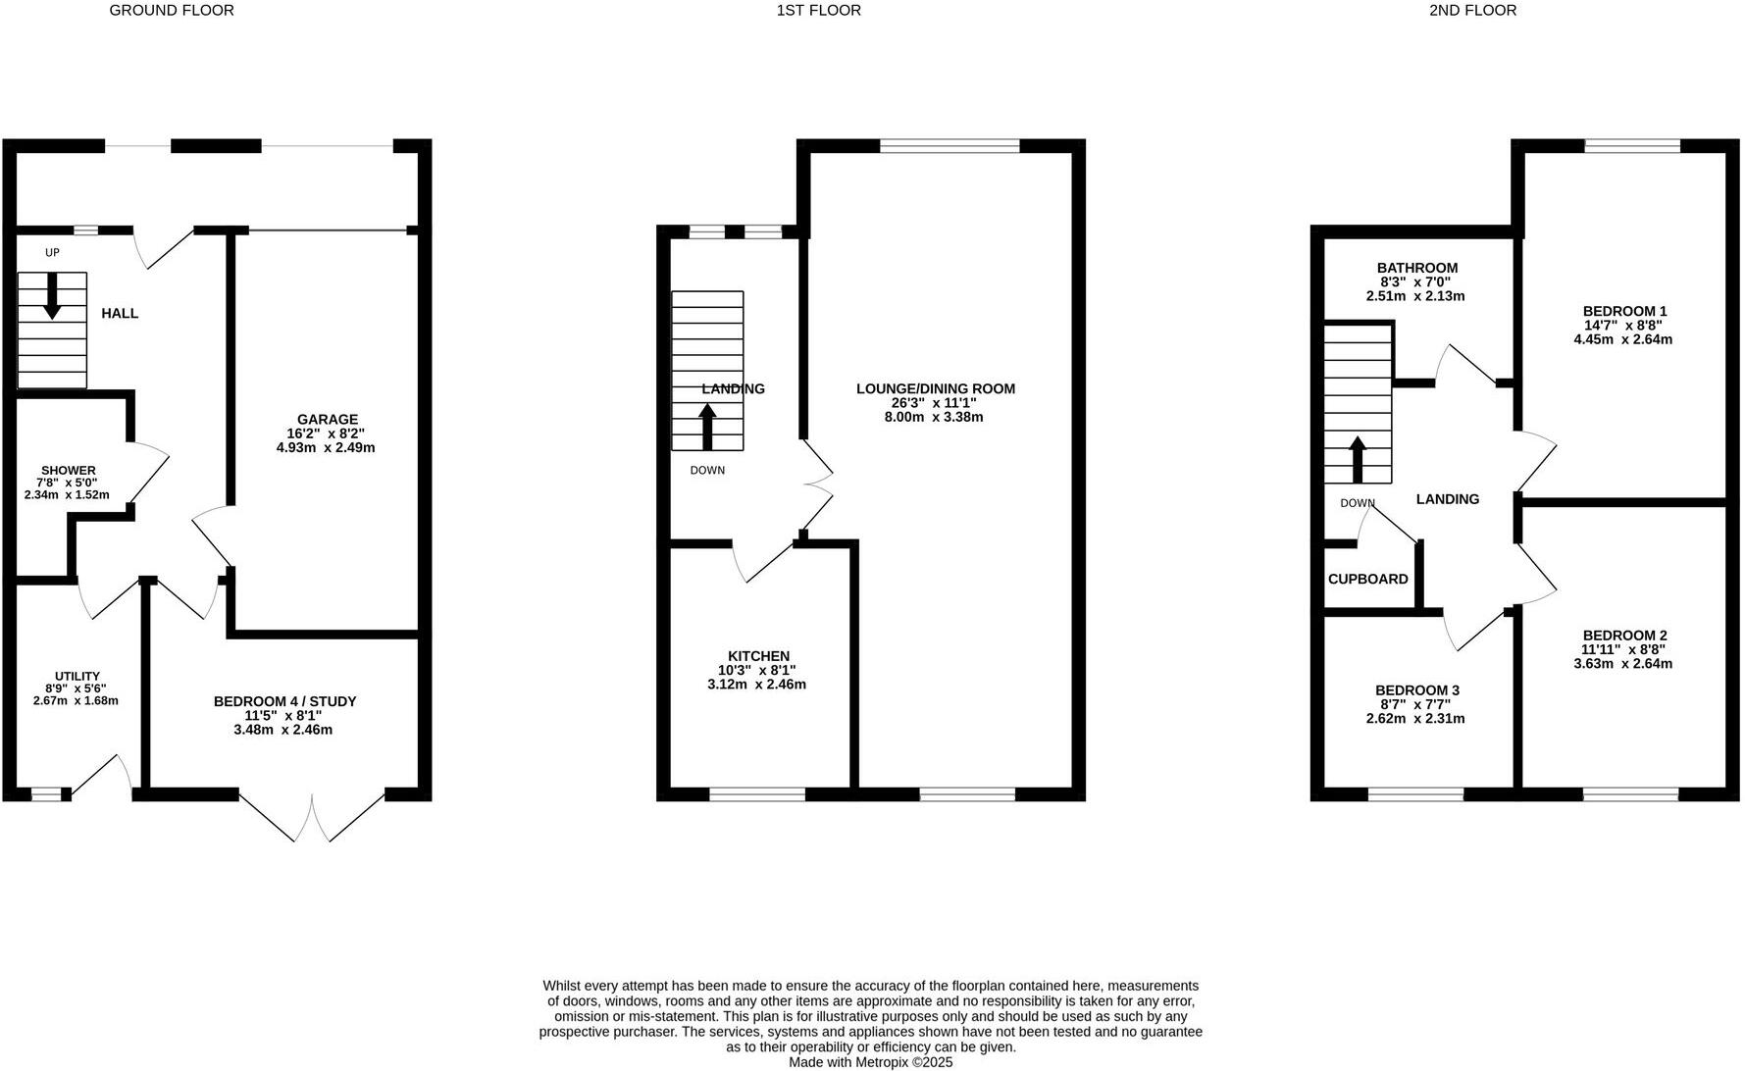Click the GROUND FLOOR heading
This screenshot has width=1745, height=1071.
click(x=172, y=11)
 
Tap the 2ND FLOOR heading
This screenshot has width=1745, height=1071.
click(x=1472, y=11)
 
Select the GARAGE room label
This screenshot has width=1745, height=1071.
click(x=328, y=420)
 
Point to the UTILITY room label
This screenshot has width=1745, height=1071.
click(x=77, y=677)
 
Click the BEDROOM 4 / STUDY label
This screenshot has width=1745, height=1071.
click(x=284, y=701)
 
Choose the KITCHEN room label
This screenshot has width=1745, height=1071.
click(x=758, y=656)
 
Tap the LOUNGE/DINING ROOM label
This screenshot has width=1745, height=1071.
click(x=935, y=388)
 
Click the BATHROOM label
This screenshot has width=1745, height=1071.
click(x=1416, y=268)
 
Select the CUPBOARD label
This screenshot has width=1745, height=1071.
click(x=1367, y=579)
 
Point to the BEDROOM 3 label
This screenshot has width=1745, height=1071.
click(x=1415, y=690)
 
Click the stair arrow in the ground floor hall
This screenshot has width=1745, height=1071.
click(x=52, y=295)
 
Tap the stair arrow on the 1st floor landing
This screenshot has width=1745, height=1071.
click(x=706, y=427)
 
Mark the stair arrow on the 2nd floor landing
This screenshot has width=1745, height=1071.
click(x=1358, y=459)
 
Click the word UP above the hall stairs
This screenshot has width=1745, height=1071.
click(x=52, y=253)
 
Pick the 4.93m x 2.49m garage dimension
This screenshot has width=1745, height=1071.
click(x=326, y=447)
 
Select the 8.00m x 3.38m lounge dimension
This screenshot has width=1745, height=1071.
click(x=934, y=417)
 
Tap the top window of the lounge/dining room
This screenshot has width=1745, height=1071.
click(x=949, y=146)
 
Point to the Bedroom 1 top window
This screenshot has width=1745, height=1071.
click(x=1631, y=146)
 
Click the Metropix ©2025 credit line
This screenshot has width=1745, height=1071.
click(x=871, y=1062)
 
